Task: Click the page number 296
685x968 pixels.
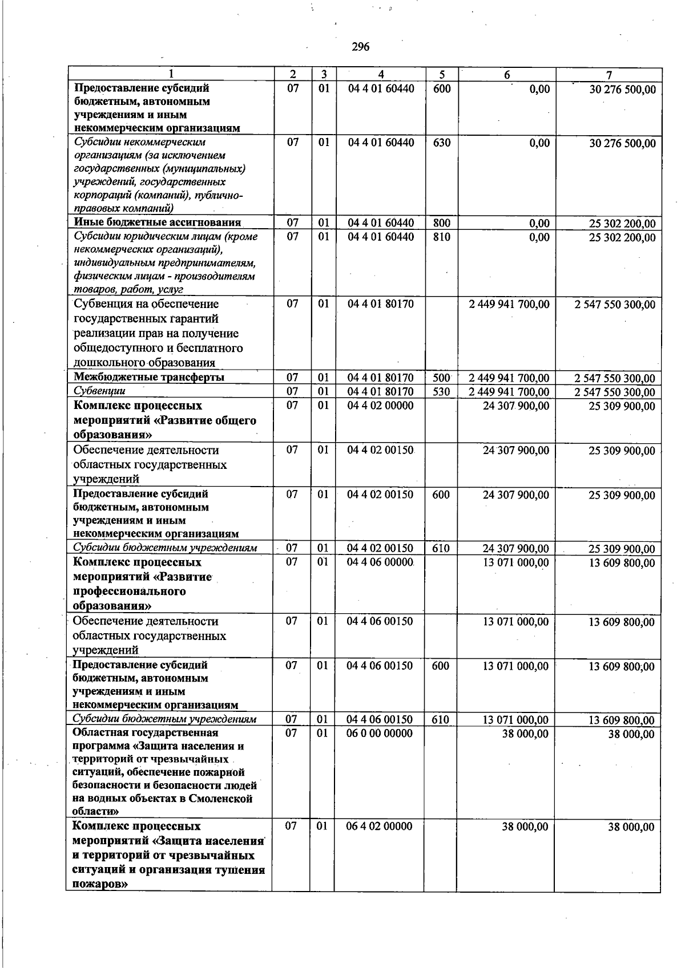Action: [x=360, y=47]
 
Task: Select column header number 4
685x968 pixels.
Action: [x=381, y=75]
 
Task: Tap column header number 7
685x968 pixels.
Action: [x=609, y=75]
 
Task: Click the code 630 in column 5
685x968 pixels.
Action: [x=441, y=143]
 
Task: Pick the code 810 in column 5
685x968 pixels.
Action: [x=441, y=237]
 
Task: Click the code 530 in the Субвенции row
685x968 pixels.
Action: [x=441, y=392]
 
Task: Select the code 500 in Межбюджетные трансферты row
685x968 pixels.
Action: [x=441, y=378]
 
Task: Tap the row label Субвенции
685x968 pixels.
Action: [x=99, y=391]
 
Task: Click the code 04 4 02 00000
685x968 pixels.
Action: [x=381, y=406]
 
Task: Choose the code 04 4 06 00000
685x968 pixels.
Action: [x=381, y=562]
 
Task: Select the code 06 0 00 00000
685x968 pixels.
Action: [x=381, y=733]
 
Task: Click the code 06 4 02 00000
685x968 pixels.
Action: [x=381, y=826]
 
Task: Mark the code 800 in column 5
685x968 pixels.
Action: [x=441, y=223]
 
